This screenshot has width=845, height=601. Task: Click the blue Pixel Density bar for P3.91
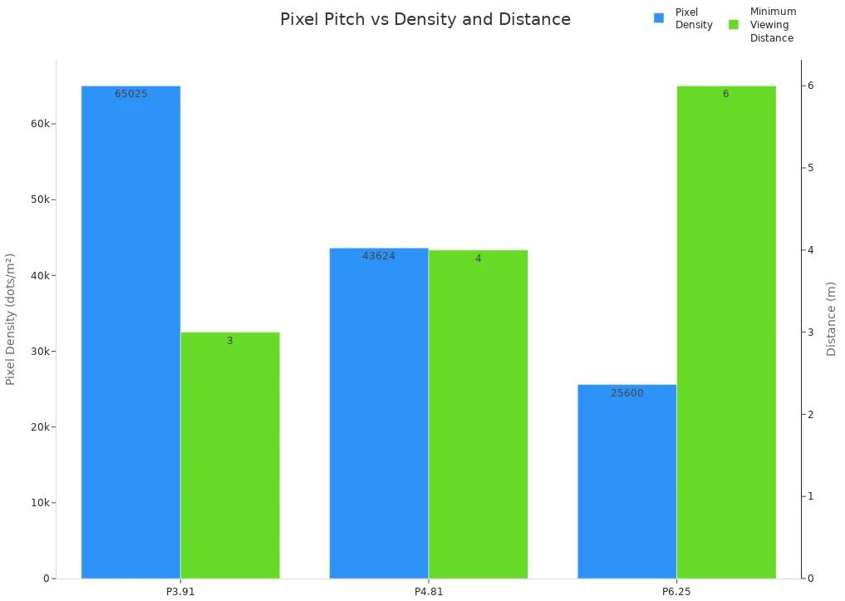click(130, 333)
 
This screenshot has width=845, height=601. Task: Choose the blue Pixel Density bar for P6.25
click(626, 481)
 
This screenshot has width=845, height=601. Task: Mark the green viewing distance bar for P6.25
click(726, 333)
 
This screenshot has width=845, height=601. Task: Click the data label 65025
click(131, 94)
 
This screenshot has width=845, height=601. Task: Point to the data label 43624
click(379, 256)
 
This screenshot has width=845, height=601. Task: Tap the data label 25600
click(626, 393)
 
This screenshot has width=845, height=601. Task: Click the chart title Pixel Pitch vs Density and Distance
click(425, 19)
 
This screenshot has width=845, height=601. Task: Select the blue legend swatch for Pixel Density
click(659, 18)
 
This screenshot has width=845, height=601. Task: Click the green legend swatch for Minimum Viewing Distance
click(734, 25)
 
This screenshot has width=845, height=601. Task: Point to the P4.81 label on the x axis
click(429, 592)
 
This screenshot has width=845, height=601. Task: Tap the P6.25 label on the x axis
click(676, 592)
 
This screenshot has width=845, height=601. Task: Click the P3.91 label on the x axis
click(180, 592)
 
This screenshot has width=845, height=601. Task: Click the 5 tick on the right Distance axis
click(811, 168)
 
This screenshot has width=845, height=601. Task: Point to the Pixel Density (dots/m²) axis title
click(11, 319)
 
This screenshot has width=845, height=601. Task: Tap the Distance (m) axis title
click(831, 319)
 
